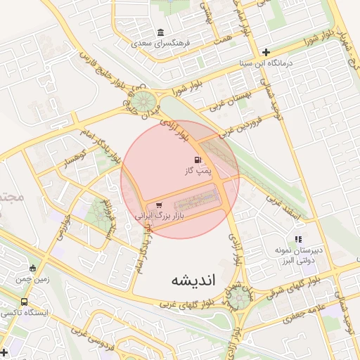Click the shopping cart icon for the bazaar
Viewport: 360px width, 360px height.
click(148, 205)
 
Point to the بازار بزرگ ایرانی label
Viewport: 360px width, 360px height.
click(159, 217)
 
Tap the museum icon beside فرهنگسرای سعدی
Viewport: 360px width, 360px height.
click(162, 33)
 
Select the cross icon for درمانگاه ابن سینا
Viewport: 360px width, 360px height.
click(266, 52)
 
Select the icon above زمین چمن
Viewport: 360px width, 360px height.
click(32, 268)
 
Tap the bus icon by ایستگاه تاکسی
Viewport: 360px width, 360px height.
click(25, 301)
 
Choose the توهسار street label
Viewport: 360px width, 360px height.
click(74, 157)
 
